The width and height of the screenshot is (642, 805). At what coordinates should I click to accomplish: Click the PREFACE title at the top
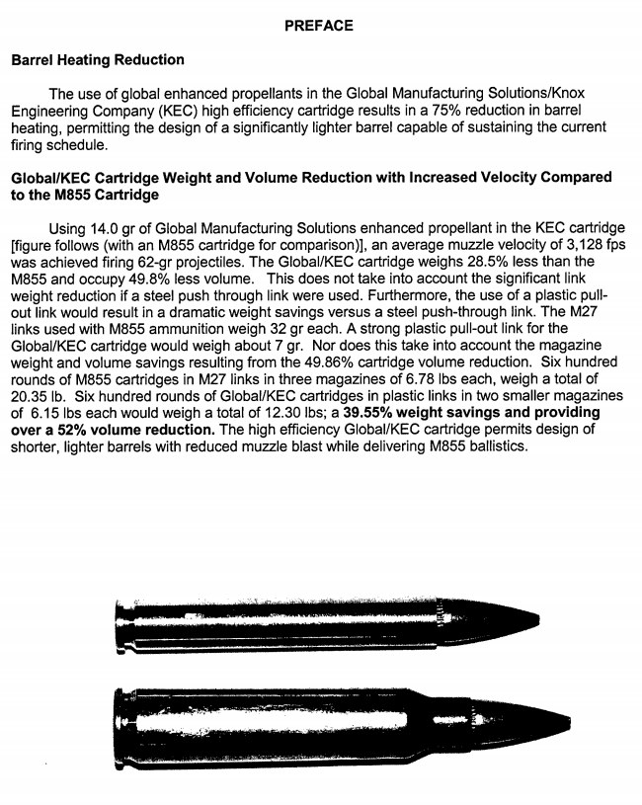(318, 26)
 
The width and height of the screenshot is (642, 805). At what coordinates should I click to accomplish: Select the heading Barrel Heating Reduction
(97, 61)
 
